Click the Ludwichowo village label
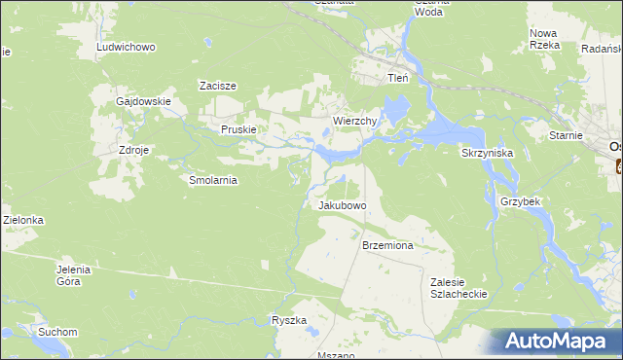tap(128, 47)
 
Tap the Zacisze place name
tap(219, 86)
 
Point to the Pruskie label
tap(238, 129)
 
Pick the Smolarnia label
tap(213, 180)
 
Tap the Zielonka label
tap(22, 221)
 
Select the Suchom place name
tap(57, 332)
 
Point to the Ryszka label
tap(289, 320)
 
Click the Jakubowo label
tap(342, 206)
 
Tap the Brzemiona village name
tap(387, 246)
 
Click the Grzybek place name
tap(520, 201)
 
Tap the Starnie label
tap(566, 137)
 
